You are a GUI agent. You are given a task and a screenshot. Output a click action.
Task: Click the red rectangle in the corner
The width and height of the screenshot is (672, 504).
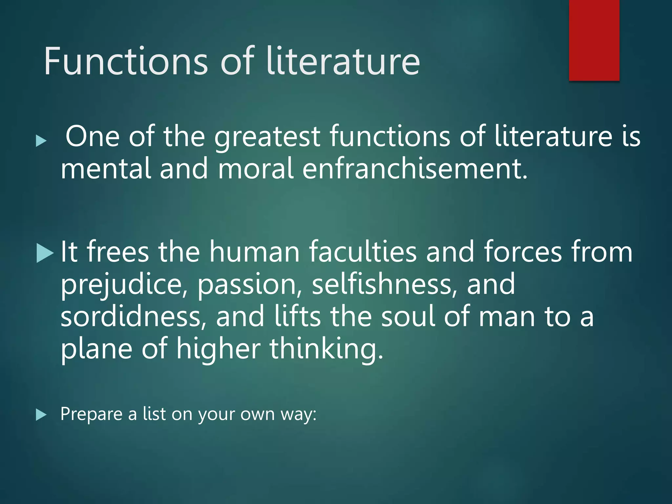pyautogui.click(x=594, y=40)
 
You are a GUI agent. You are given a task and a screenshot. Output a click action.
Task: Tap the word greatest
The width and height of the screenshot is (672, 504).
pyautogui.click(x=267, y=136)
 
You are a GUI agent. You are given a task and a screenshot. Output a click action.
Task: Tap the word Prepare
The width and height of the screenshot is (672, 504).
pyautogui.click(x=91, y=414)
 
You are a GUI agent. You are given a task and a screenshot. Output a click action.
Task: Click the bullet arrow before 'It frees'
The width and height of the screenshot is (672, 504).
pyautogui.click(x=45, y=253)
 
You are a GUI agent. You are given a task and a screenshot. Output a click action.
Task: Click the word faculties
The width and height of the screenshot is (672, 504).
pyautogui.click(x=363, y=252)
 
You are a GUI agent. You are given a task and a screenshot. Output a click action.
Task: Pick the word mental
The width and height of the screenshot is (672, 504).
pyautogui.click(x=106, y=168)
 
